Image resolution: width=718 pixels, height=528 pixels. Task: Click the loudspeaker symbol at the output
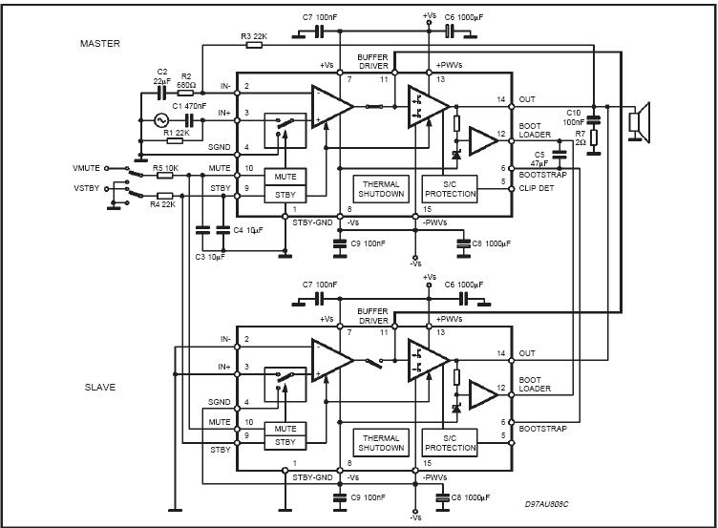point(640,122)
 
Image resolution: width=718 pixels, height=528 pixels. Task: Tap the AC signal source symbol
point(161,120)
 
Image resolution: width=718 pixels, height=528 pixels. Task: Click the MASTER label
point(100,44)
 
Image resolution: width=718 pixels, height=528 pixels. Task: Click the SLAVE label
point(100,387)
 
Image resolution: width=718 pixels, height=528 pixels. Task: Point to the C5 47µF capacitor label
point(539,158)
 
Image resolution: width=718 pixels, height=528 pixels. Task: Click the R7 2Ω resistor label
point(581,137)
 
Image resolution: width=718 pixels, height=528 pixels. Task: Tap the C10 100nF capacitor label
point(574,117)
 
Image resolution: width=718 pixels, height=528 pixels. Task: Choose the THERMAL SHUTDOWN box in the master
point(381,189)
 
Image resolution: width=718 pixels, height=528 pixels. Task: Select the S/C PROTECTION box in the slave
point(450,443)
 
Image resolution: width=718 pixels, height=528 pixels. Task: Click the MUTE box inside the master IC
point(285,177)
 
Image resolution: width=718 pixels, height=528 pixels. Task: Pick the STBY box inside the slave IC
point(285,442)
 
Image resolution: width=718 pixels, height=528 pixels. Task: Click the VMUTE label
point(86,168)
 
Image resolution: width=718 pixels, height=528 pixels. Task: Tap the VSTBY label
point(87,188)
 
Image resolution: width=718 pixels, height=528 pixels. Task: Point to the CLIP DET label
point(537,188)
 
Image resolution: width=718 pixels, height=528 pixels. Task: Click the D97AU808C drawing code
point(547,504)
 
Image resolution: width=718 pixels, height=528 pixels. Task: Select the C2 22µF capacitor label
point(162,76)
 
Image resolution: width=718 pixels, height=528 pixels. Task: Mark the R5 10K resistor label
point(165,168)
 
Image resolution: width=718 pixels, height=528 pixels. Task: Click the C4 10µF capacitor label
point(247,230)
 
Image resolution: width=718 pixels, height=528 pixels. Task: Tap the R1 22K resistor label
point(176,133)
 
